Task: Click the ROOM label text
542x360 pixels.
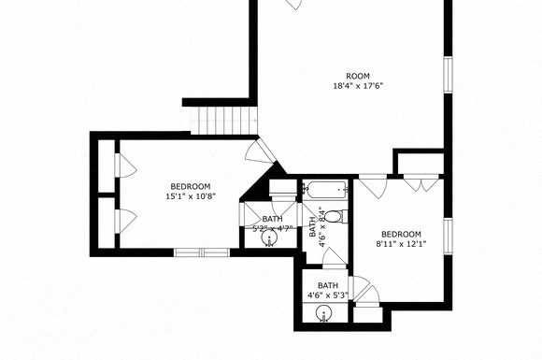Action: [x=358, y=76]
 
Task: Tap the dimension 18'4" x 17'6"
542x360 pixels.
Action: [x=358, y=86]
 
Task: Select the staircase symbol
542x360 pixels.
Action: [x=224, y=120]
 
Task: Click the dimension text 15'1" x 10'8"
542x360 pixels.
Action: [x=191, y=196]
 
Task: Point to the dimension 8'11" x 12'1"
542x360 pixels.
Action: [x=401, y=245]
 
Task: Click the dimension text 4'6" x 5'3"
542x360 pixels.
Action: [x=327, y=296]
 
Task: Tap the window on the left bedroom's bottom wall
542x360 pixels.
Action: [x=202, y=251]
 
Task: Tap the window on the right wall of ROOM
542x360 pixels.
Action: [x=448, y=74]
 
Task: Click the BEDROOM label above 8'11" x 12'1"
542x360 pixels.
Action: [x=401, y=234]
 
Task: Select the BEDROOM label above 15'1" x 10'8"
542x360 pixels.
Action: [x=191, y=185]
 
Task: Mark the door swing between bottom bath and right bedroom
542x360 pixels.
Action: [x=363, y=290]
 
